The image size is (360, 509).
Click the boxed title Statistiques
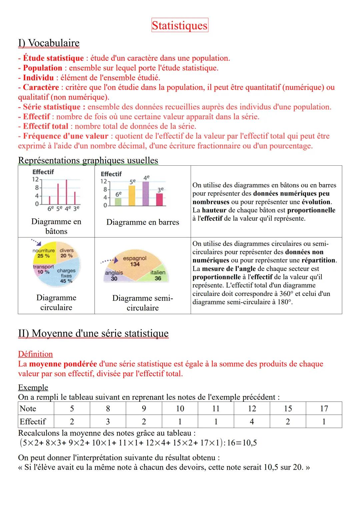click(180, 25)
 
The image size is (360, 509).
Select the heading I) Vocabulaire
click(49, 43)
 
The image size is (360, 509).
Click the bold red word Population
click(42, 68)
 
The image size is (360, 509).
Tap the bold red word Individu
click(38, 78)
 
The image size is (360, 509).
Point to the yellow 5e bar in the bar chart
click(132, 196)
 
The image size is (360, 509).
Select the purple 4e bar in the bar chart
click(146, 193)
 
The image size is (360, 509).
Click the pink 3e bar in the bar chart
click(160, 199)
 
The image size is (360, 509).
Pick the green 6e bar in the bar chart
click(118, 202)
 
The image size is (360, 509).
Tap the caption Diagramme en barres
click(143, 222)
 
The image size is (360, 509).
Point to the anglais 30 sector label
click(114, 276)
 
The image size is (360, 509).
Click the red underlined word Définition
click(35, 354)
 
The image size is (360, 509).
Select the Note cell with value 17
click(324, 409)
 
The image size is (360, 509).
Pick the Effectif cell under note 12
click(252, 422)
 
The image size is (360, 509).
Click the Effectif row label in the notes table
click(33, 422)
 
